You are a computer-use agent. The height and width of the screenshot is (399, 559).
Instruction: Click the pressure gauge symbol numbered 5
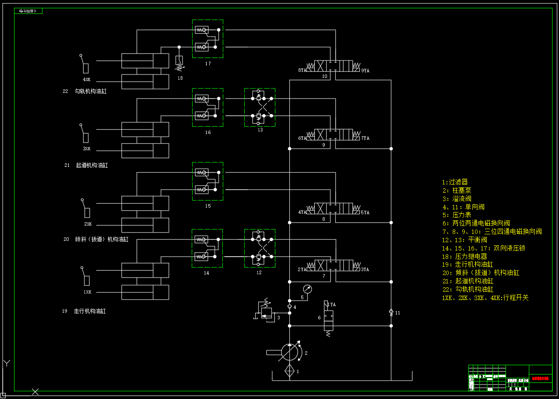click(x=308, y=289)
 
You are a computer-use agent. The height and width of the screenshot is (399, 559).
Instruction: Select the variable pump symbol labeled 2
click(x=289, y=352)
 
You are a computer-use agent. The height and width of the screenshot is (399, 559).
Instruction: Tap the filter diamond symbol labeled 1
click(x=289, y=371)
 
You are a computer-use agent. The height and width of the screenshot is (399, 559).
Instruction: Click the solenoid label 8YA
click(x=302, y=70)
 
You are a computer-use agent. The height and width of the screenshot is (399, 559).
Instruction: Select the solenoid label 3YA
click(x=365, y=269)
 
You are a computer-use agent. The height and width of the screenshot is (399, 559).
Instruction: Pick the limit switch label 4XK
click(x=87, y=80)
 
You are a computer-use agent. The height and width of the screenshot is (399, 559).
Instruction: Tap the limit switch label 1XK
click(x=88, y=292)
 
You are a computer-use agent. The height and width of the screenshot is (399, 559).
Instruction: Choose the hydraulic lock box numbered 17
click(x=207, y=39)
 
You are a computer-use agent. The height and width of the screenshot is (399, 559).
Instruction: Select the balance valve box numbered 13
click(x=260, y=107)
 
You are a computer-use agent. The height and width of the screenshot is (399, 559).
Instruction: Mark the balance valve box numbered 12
click(x=260, y=248)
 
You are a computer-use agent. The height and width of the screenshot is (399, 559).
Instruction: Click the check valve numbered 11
click(x=391, y=312)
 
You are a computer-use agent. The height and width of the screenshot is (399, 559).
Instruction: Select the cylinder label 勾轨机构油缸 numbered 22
click(x=90, y=92)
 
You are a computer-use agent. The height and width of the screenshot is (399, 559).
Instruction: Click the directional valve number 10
click(x=324, y=76)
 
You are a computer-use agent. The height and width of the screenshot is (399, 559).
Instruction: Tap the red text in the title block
click(x=540, y=378)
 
